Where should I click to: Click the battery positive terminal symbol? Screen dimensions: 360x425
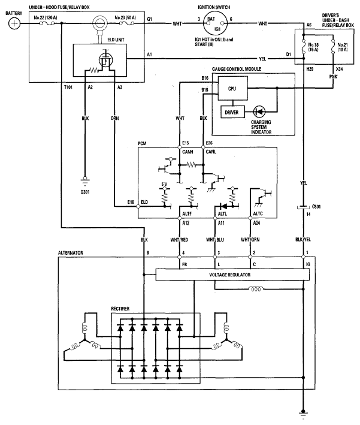pos(14,23)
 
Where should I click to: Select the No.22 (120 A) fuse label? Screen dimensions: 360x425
pos(46,17)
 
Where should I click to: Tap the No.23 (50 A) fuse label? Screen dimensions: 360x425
pos(125,17)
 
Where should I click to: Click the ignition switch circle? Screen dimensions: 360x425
pos(216,23)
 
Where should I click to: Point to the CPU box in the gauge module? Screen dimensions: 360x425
pos(232,88)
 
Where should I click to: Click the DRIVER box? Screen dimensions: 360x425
pos(232,112)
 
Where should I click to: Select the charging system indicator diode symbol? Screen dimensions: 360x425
pos(259,111)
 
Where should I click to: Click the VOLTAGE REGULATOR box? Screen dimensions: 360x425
pos(232,275)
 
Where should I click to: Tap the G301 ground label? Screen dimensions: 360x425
pos(85,192)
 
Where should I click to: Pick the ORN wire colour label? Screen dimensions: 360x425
pos(114,118)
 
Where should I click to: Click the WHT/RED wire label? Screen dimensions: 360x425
pos(179,240)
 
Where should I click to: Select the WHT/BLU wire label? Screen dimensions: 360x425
pos(215,240)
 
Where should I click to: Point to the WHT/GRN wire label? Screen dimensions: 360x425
pos(250,240)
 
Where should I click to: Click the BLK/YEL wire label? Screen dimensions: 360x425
pos(303,240)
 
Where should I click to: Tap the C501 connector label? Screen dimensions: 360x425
pos(316,207)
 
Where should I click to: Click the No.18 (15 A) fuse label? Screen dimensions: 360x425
pos(313,47)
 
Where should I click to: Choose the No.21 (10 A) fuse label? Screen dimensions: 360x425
pos(343,47)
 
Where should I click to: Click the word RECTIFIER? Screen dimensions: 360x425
pos(120,309)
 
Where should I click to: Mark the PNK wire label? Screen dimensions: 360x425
pos(333,77)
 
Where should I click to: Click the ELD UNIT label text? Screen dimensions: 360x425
pos(116,40)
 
